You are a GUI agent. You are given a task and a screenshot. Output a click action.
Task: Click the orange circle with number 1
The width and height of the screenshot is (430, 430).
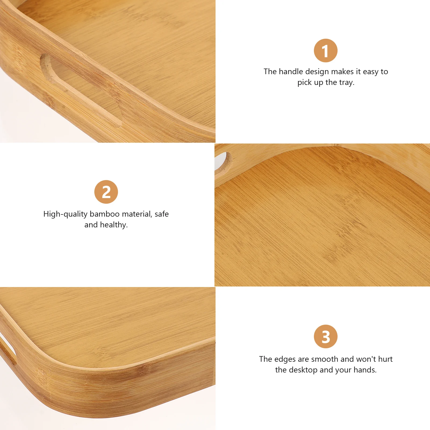(x=325, y=51)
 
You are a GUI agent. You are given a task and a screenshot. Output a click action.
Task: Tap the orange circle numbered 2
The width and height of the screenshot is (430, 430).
(x=106, y=192)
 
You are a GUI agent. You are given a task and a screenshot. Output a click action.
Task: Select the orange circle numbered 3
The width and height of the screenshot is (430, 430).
(x=325, y=336)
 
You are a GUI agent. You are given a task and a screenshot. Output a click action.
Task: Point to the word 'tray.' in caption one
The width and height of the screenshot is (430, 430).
(x=347, y=82)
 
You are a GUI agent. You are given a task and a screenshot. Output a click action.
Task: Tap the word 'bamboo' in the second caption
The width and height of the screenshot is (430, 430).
(x=105, y=214)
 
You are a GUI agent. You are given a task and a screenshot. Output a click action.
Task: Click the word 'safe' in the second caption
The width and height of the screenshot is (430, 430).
(x=162, y=214)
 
